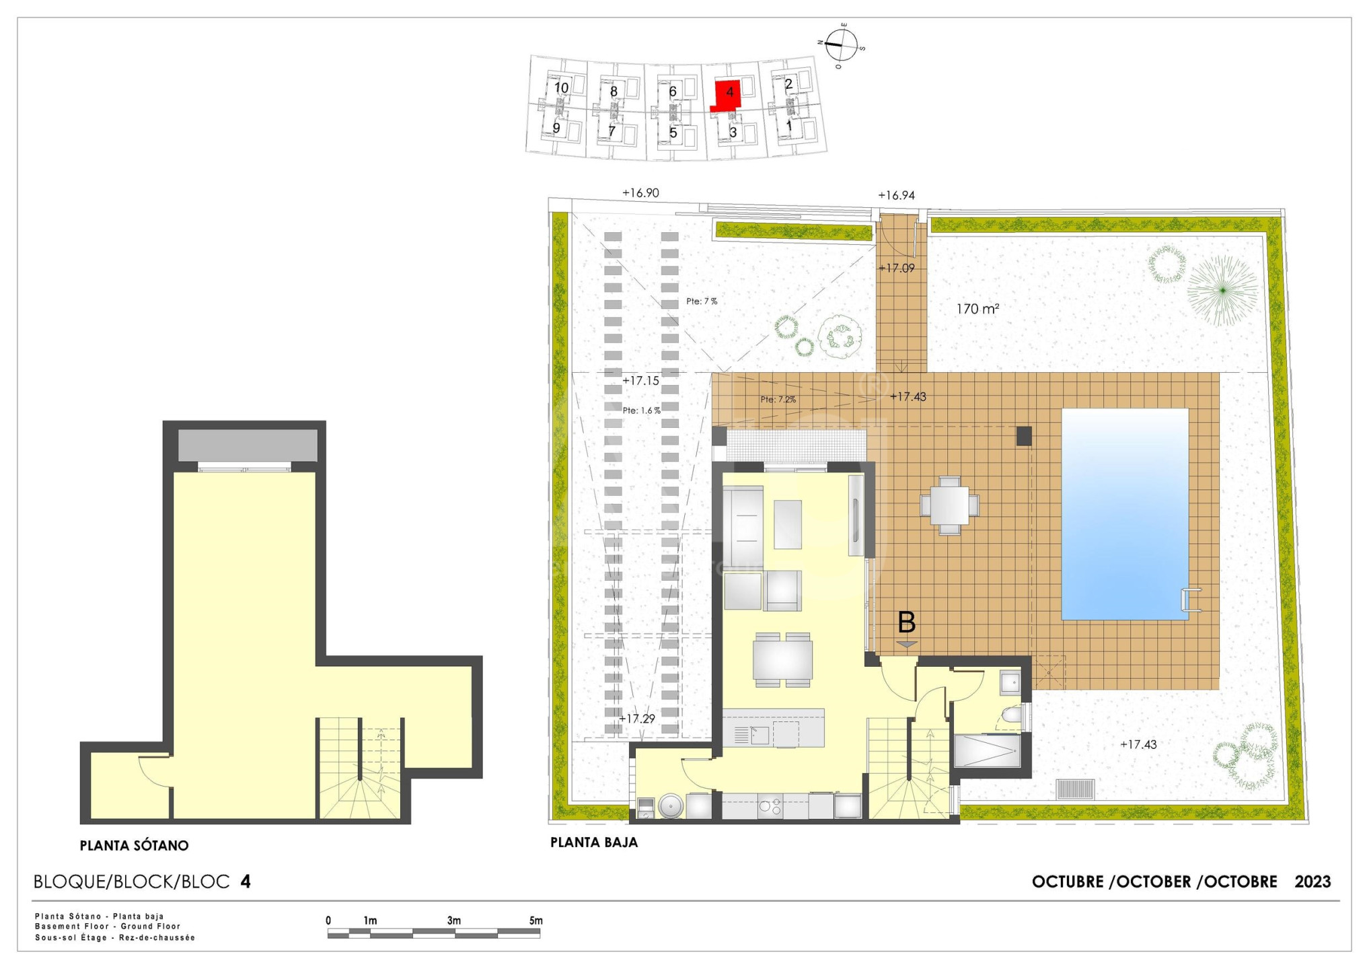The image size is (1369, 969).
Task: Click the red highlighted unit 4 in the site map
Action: click(728, 94)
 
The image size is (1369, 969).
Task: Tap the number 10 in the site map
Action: click(561, 87)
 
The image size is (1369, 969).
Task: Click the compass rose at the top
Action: click(841, 45)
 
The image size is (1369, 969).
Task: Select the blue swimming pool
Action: click(1125, 514)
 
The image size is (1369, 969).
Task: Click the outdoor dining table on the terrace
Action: click(949, 505)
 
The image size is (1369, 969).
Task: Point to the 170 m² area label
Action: click(977, 309)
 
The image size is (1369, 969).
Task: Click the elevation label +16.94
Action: click(896, 196)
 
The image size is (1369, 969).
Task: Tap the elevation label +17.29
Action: click(636, 719)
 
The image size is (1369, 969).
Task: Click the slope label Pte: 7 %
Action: click(702, 301)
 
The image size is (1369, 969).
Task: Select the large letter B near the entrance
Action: click(906, 622)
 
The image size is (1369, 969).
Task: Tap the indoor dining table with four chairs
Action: click(782, 659)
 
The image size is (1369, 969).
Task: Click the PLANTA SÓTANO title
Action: click(135, 846)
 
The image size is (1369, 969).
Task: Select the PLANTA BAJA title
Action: click(594, 842)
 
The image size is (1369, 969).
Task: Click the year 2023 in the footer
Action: click(1312, 882)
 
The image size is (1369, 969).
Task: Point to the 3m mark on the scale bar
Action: click(454, 921)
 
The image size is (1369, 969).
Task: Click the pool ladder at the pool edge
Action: click(1191, 600)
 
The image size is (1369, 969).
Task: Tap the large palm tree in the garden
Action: click(1222, 290)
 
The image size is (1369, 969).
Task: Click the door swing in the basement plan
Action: click(155, 770)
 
